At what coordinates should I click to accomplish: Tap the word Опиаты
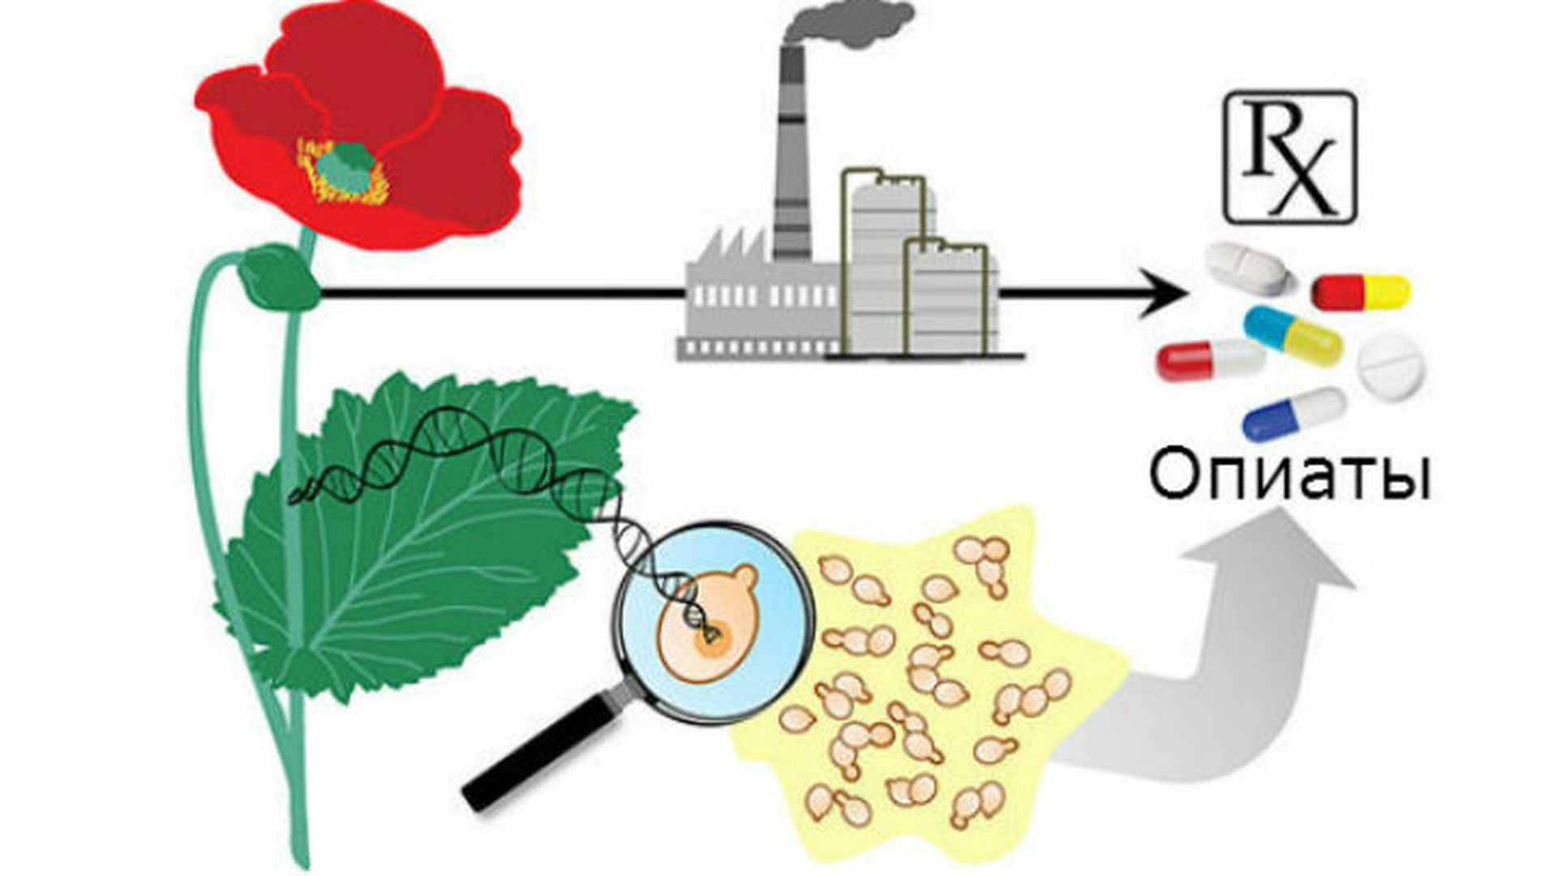pyautogui.click(x=1290, y=478)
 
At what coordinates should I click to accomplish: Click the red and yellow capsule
pyautogui.click(x=1362, y=292)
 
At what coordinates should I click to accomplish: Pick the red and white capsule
pyautogui.click(x=1211, y=361)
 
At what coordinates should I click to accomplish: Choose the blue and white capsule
pyautogui.click(x=1295, y=414)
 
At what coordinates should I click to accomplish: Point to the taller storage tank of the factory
pyautogui.click(x=888, y=260)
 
